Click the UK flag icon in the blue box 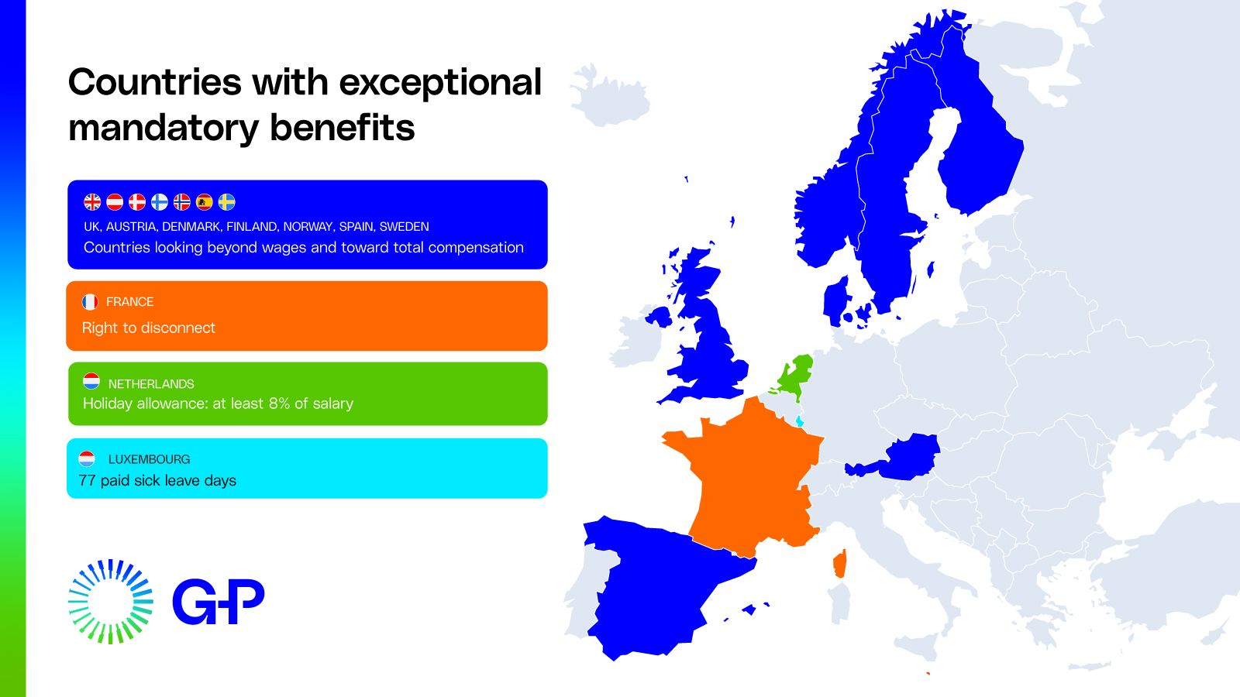coord(92,202)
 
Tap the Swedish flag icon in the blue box coord(226,202)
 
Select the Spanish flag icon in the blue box coord(204,202)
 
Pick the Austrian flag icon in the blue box coord(115,202)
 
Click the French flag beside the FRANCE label coord(90,301)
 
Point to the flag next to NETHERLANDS coord(91,381)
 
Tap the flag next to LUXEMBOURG coord(88,458)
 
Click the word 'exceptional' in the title coord(440,82)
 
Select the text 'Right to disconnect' coord(149,328)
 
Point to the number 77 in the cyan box coord(87,480)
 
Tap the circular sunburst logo coord(110,602)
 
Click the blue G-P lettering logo coord(218,601)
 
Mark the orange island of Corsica coord(840,564)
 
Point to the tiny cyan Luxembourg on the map coord(799,421)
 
